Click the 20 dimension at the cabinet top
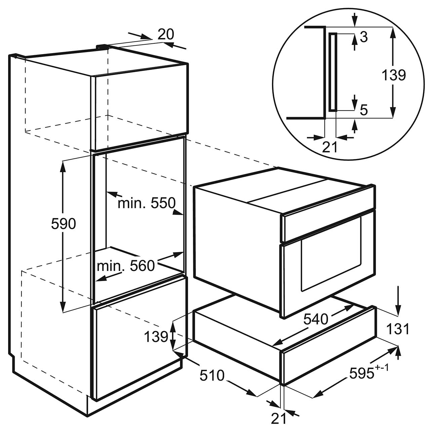(x=165, y=35)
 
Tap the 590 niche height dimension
(x=64, y=224)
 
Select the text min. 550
(x=147, y=203)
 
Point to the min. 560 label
(x=126, y=266)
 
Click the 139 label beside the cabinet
(x=156, y=336)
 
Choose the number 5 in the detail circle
(x=363, y=111)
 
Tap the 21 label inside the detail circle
(x=330, y=147)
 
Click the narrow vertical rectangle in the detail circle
(x=333, y=72)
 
